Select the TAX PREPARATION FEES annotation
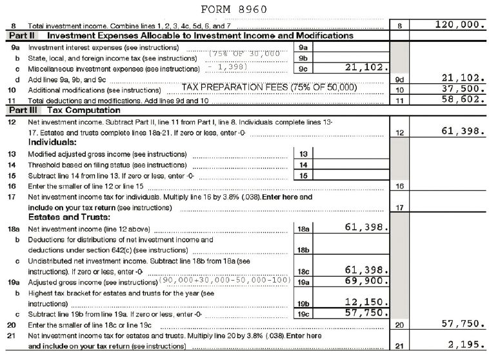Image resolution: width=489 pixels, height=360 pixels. tap(269, 87)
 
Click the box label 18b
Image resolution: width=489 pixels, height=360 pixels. tap(303, 250)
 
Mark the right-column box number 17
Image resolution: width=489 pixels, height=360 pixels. tap(399, 208)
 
